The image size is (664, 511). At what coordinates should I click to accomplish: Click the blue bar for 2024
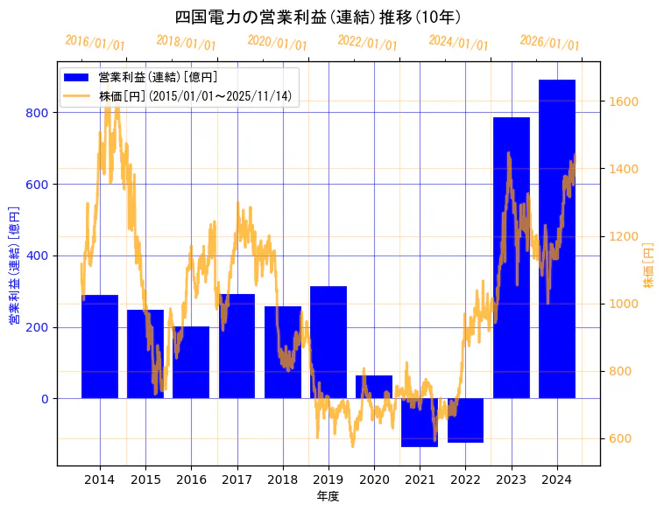tap(557, 238)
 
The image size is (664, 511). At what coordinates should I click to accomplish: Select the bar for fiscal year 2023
tap(512, 257)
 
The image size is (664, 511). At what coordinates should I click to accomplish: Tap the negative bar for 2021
tap(420, 422)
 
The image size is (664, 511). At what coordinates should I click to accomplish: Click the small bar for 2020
tap(374, 387)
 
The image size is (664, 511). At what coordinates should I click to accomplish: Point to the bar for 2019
tap(328, 341)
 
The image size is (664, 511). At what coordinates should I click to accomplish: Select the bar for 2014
tap(100, 346)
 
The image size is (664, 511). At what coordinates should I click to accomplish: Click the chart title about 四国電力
tap(318, 17)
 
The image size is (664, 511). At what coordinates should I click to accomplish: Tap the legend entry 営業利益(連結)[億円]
tap(158, 78)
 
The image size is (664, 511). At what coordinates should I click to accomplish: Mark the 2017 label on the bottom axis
tap(237, 479)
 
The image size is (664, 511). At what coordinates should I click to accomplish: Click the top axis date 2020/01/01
tap(277, 42)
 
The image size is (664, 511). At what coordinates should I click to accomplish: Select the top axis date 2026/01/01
tap(549, 42)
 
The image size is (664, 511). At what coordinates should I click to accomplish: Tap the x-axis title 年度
tap(328, 496)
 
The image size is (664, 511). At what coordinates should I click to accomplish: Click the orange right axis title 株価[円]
tap(648, 265)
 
